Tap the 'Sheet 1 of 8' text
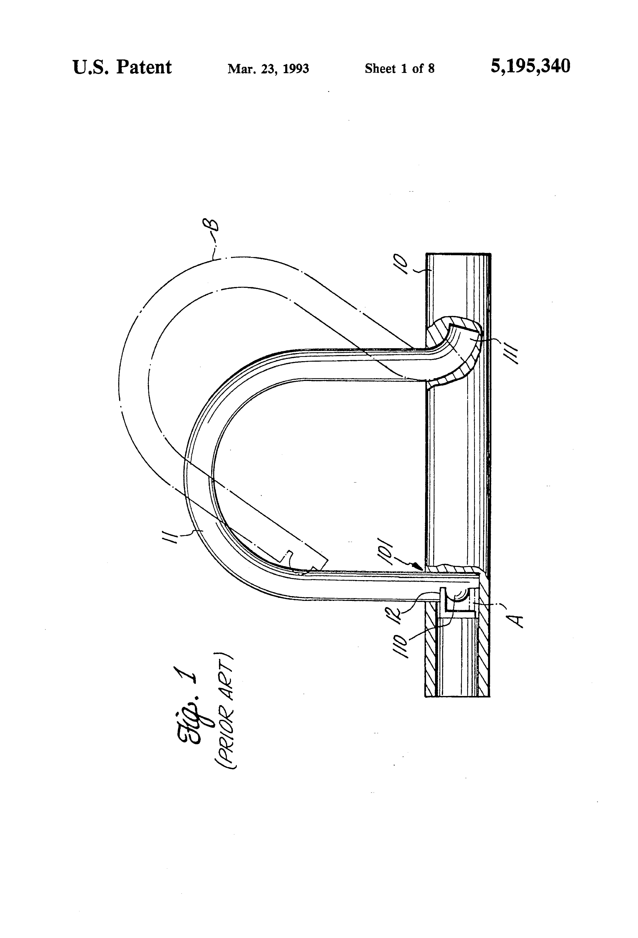pos(400,69)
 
